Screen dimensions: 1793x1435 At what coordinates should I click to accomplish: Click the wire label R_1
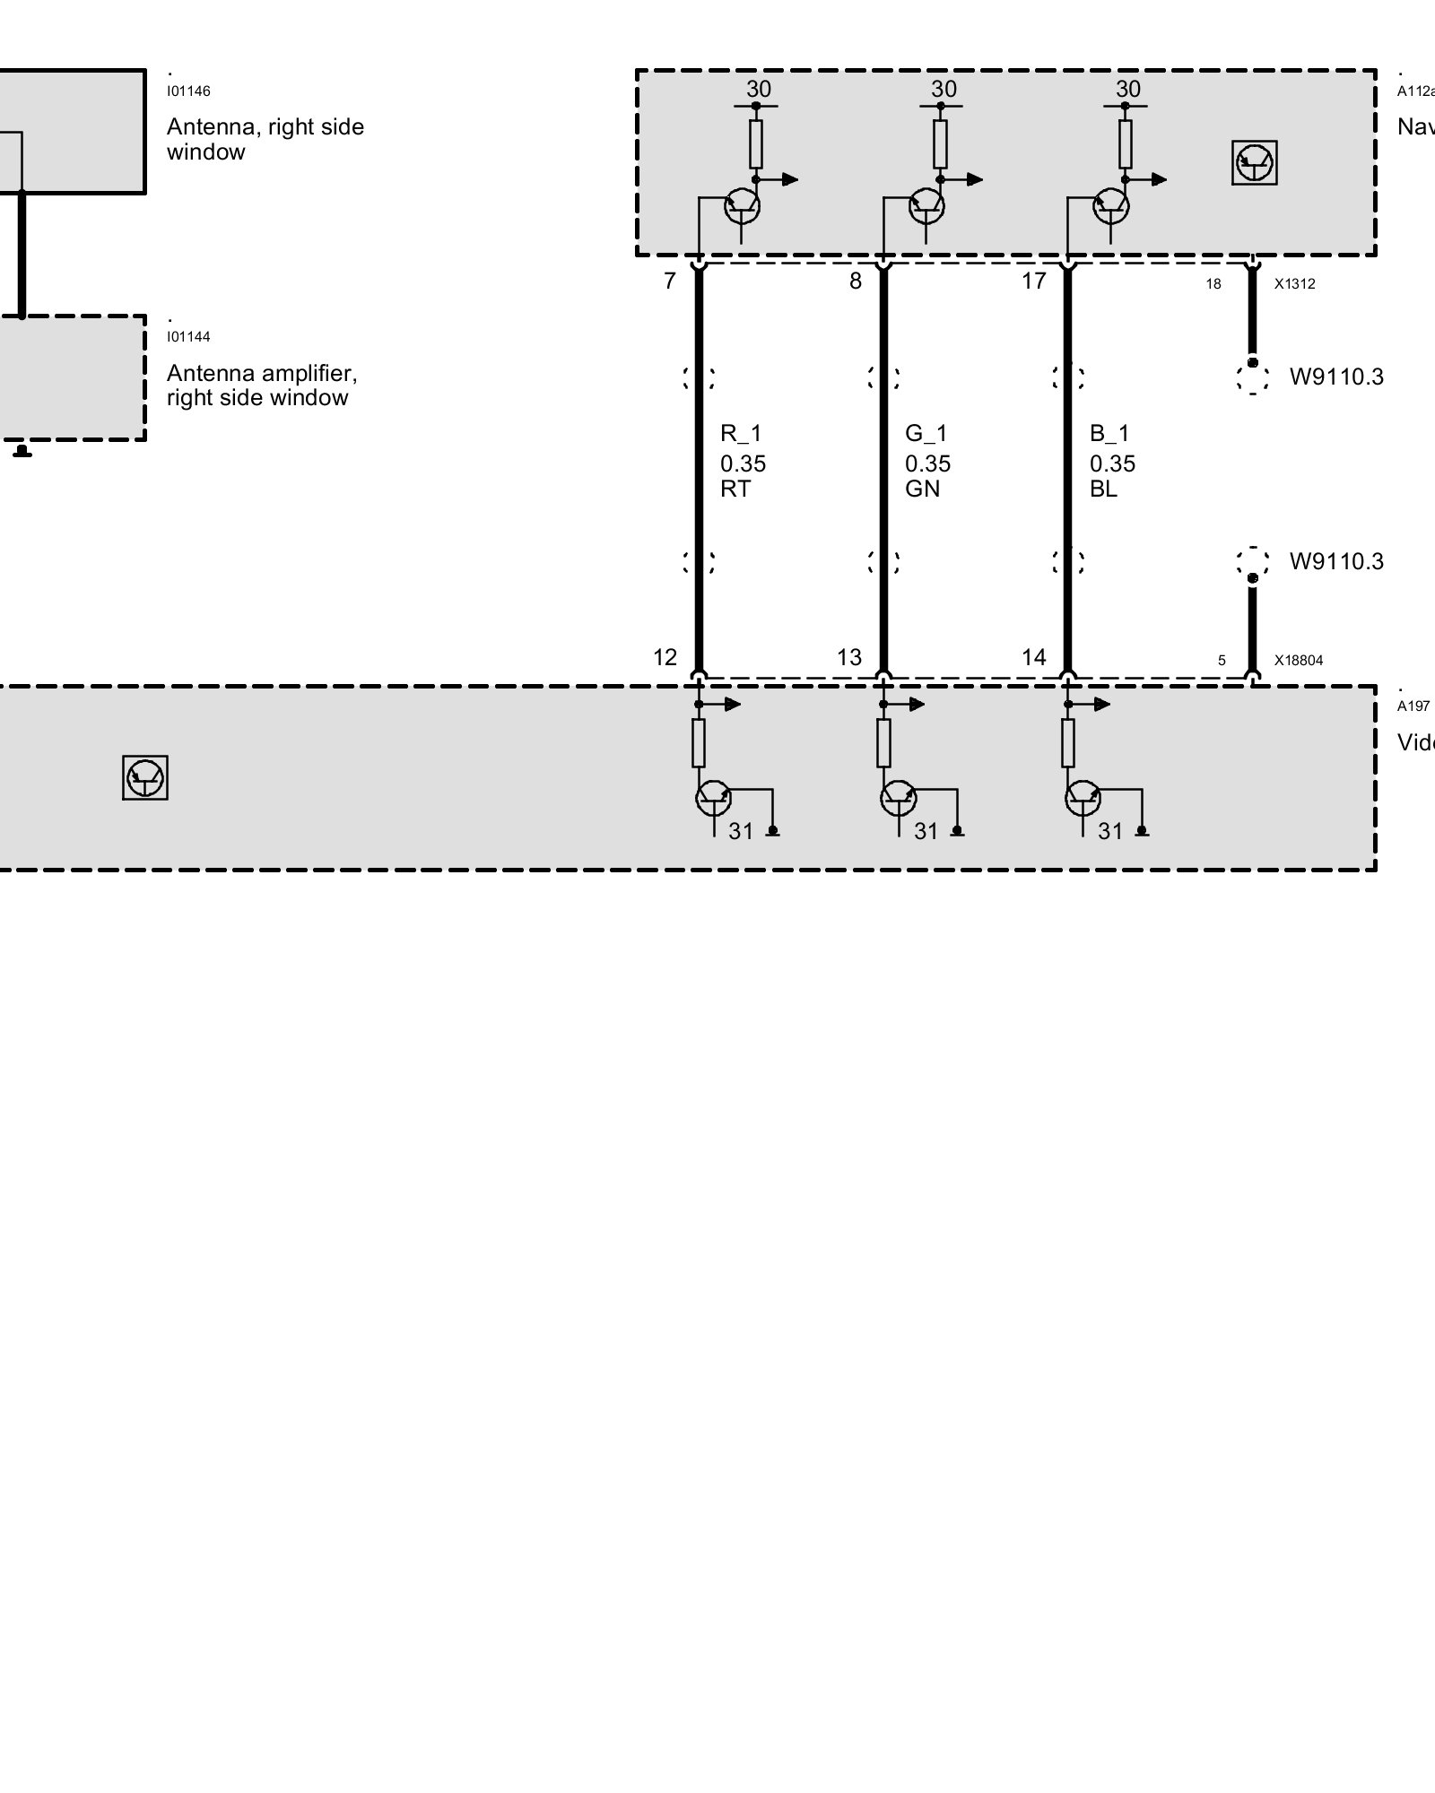tap(741, 434)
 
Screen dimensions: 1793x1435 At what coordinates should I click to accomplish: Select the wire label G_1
tap(926, 434)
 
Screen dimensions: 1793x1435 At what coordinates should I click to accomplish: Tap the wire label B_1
tap(1109, 434)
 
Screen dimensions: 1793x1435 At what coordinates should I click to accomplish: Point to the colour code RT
tap(735, 489)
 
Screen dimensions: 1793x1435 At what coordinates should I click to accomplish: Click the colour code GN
tap(922, 489)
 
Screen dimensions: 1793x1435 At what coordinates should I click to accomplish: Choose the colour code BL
tap(1103, 489)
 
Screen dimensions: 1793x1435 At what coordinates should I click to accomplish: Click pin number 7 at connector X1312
tap(669, 282)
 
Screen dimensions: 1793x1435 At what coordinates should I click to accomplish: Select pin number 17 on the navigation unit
tap(1033, 282)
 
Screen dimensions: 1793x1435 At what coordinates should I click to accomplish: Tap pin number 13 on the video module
tap(848, 658)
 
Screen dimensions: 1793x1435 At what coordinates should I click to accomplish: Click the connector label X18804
tap(1299, 661)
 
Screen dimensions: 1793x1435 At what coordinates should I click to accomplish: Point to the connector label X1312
tap(1294, 284)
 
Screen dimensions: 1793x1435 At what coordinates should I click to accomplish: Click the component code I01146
tap(188, 91)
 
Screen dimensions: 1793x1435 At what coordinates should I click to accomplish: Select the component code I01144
tap(188, 337)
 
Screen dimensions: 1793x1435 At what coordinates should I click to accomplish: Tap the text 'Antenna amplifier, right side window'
tap(262, 385)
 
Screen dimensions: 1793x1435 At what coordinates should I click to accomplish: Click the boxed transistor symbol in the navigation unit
tap(1254, 163)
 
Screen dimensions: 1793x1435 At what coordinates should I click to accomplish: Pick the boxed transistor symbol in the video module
tap(145, 777)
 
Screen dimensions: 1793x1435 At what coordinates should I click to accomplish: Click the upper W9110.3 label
tap(1336, 377)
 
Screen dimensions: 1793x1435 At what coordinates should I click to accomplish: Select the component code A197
tap(1413, 706)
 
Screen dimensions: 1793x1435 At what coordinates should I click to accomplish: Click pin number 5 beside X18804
tap(1222, 661)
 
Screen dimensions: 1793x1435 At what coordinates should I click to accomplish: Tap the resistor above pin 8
tap(940, 143)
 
